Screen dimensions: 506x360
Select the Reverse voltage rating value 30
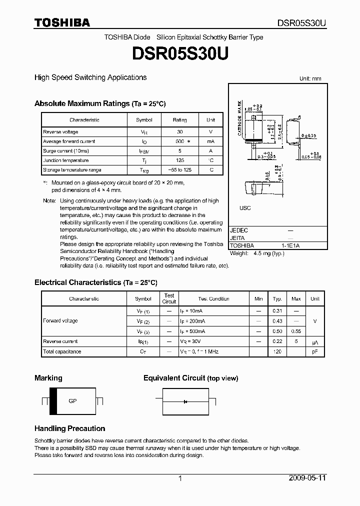coord(180,131)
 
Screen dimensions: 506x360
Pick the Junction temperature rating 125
coord(180,160)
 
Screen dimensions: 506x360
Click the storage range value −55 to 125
coord(180,170)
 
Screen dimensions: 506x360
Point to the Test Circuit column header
coord(169,298)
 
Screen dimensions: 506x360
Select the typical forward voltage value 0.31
coord(277,310)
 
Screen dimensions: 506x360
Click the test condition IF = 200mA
coord(192,321)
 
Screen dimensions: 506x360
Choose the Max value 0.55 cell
coord(296,331)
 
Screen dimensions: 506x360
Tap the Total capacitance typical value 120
coord(277,351)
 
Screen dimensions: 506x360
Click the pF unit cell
coord(314,351)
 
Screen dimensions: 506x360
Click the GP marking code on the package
coord(72,401)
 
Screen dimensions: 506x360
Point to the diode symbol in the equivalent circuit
coord(185,401)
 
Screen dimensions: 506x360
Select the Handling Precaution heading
coord(69,428)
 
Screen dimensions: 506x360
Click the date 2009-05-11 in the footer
coord(307,478)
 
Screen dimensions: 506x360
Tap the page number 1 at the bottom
coord(180,478)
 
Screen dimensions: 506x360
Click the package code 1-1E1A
coord(290,245)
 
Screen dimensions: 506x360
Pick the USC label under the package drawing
coord(245,208)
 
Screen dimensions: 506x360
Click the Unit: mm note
coord(310,79)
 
